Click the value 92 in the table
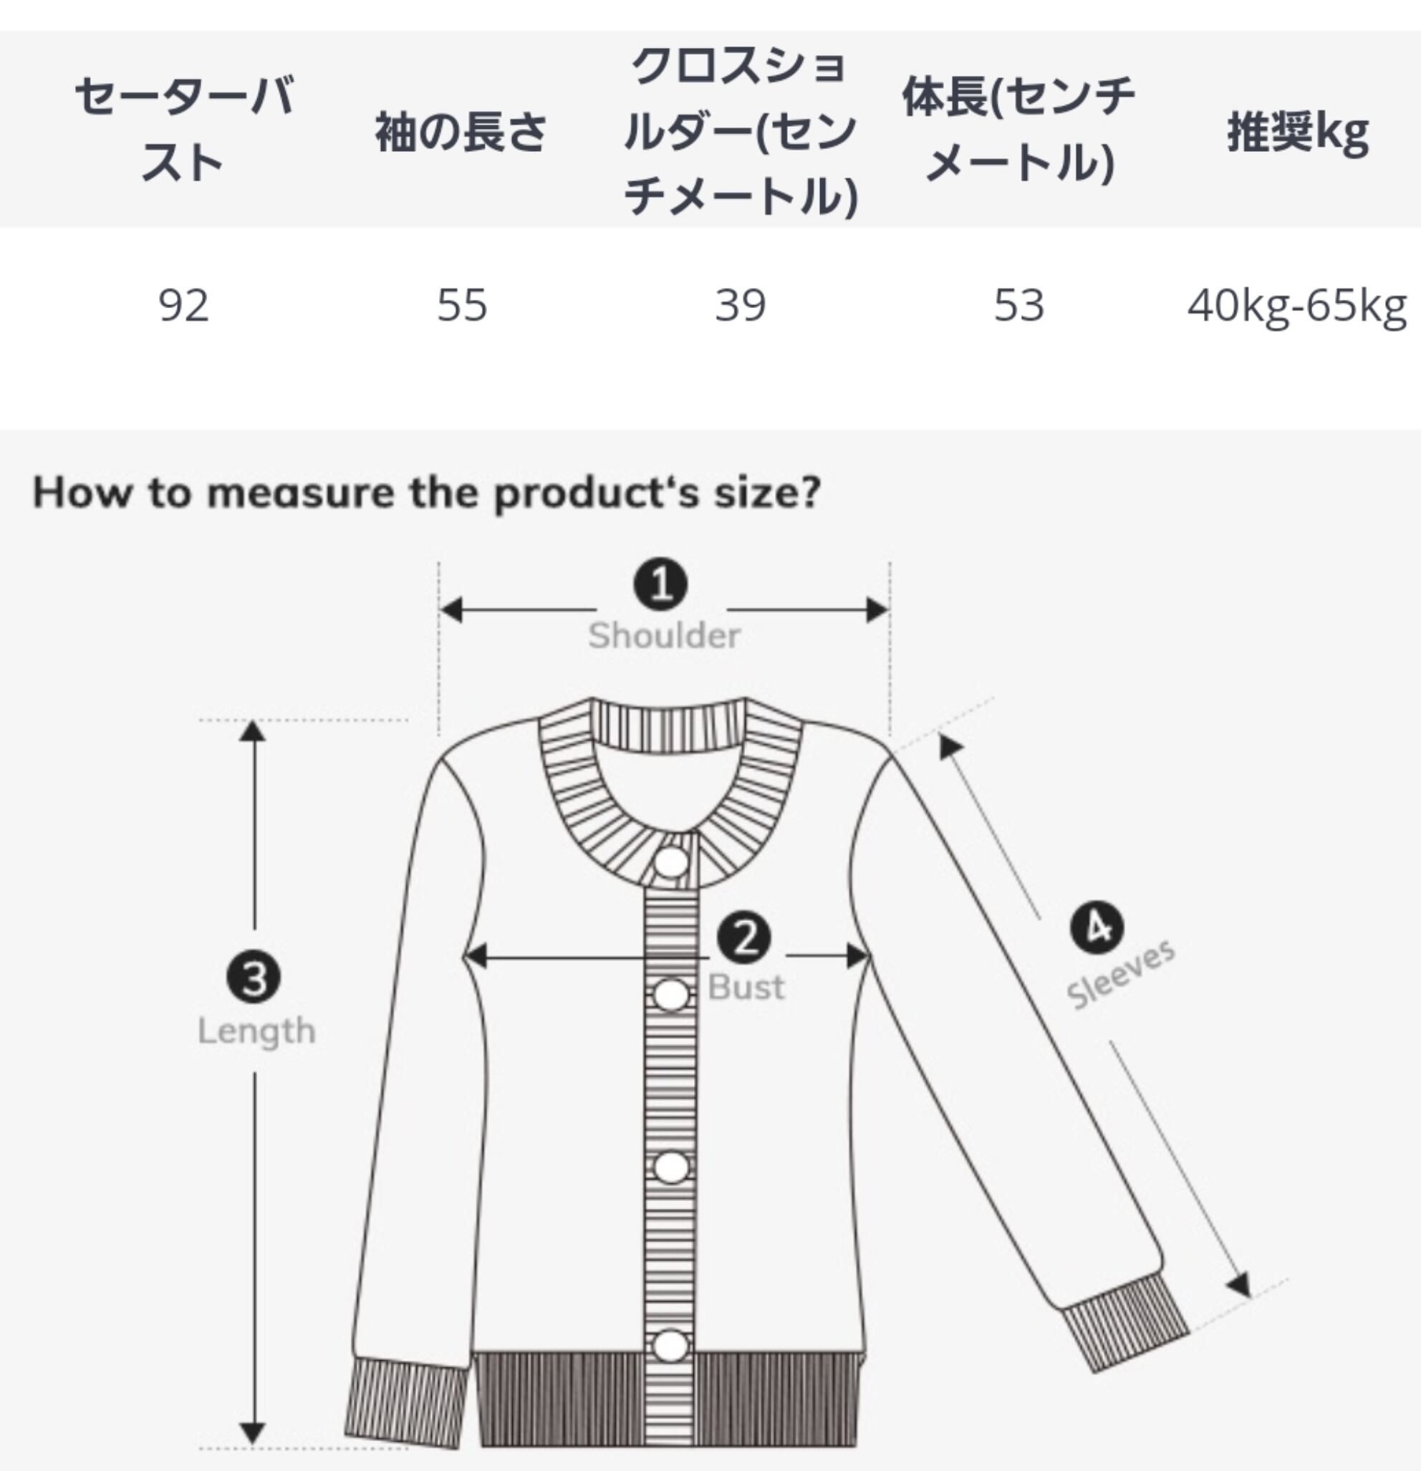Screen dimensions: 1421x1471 point(183,306)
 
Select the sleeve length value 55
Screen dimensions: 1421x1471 point(462,306)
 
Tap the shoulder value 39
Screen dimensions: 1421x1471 point(740,306)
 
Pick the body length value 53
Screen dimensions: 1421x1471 point(1018,306)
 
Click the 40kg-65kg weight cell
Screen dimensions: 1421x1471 point(1296,307)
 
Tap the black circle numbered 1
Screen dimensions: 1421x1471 point(660,584)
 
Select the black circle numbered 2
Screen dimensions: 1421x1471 point(743,938)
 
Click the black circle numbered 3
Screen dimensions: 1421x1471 point(254,978)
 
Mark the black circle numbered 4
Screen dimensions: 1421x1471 point(1097,928)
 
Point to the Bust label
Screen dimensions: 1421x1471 point(746,987)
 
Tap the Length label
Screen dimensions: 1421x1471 point(256,1031)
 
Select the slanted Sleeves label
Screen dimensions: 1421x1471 point(1121,974)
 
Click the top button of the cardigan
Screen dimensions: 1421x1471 point(670,862)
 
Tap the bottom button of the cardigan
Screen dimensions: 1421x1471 point(670,1346)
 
